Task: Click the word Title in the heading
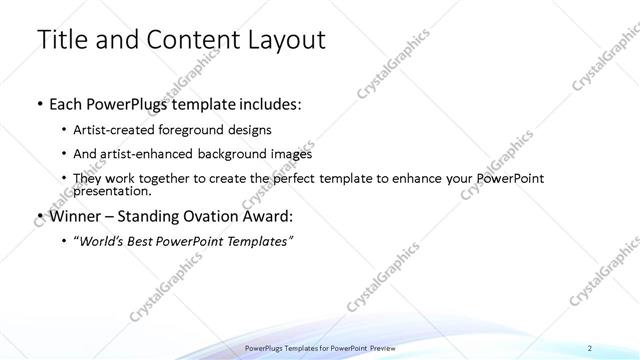pos(60,40)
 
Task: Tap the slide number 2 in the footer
pos(590,348)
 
